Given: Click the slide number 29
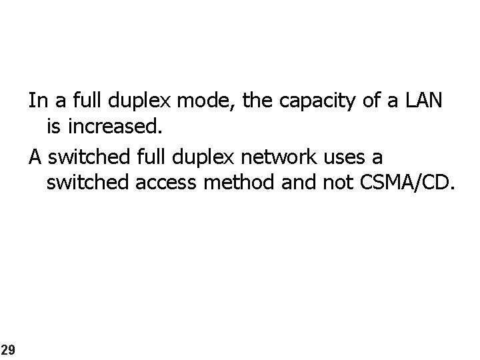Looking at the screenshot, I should tap(7, 349).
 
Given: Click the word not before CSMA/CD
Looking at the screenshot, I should tap(335, 181).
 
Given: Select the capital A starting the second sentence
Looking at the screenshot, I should tap(35, 157).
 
